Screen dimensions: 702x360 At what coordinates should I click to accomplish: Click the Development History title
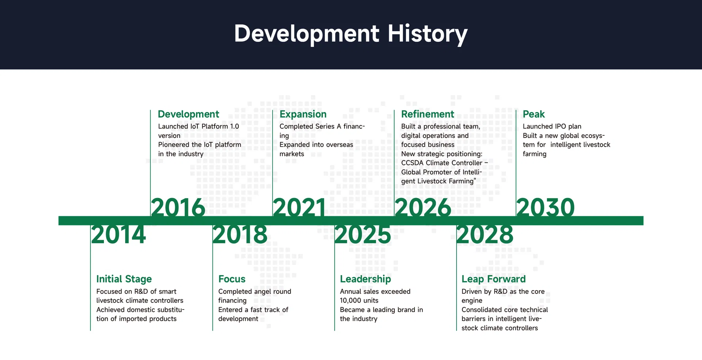[x=351, y=34]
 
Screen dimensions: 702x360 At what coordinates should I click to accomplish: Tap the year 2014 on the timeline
[x=119, y=235]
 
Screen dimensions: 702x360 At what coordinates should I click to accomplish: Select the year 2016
[x=178, y=207]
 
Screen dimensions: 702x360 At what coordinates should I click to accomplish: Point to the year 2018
[x=240, y=235]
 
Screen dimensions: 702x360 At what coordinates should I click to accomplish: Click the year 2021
[x=300, y=207]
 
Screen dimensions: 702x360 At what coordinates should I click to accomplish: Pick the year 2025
[x=363, y=235]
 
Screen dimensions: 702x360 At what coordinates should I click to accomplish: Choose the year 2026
[x=423, y=207]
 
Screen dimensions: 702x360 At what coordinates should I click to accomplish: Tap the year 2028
[x=485, y=235]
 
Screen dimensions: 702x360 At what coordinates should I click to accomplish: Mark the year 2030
[x=545, y=207]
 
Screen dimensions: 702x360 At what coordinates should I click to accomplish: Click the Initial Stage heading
[x=124, y=279]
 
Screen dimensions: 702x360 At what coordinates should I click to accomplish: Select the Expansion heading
[x=303, y=114]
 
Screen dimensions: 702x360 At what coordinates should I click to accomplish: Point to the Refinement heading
[x=428, y=114]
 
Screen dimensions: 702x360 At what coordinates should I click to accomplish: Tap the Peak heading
[x=534, y=114]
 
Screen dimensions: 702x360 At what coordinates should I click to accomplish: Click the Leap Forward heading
[x=493, y=279]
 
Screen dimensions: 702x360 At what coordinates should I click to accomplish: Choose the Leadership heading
[x=365, y=279]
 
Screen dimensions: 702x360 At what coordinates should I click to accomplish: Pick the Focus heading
[x=232, y=279]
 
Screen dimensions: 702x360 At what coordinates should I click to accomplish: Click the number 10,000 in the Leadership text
[x=350, y=301]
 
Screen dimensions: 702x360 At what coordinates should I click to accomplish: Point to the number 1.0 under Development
[x=234, y=127]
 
